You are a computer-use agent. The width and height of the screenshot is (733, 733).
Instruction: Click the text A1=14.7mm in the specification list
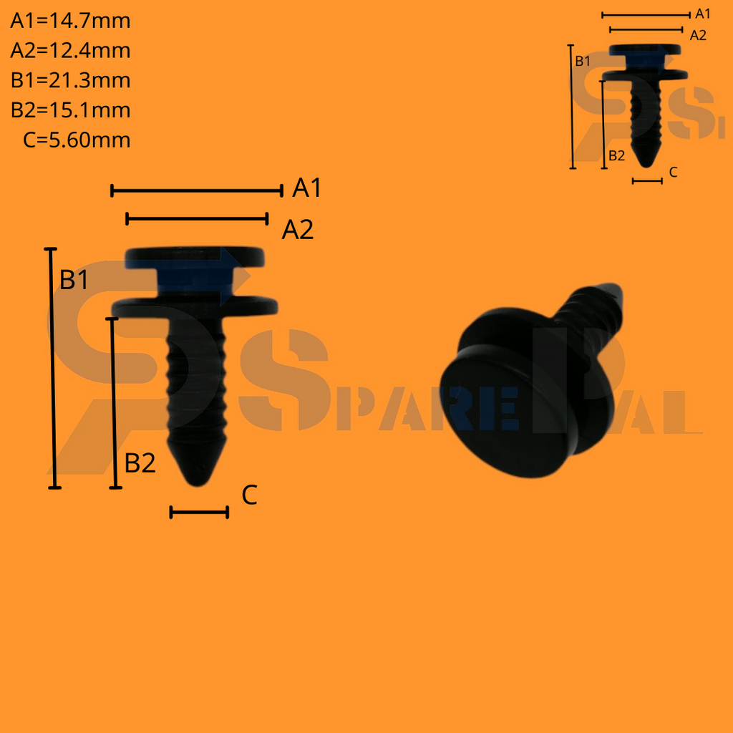(70, 21)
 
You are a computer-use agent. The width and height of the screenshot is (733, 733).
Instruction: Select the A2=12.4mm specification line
(70, 51)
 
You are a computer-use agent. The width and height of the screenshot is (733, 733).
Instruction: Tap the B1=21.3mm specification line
(70, 80)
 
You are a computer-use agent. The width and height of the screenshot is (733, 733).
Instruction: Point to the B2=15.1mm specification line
(70, 110)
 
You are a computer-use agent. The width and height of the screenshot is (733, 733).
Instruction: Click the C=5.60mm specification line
(77, 140)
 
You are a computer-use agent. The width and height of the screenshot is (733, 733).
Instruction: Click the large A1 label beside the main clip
(307, 188)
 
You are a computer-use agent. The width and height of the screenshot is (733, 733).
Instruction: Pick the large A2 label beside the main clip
(297, 230)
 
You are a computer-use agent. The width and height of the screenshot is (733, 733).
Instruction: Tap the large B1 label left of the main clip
(74, 281)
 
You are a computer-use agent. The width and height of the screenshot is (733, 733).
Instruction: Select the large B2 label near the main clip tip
(140, 464)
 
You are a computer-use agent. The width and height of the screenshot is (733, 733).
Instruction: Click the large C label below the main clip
(249, 495)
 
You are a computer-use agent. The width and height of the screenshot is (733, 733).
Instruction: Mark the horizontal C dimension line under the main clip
(199, 512)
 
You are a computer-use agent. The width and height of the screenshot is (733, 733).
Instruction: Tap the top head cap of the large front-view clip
(195, 256)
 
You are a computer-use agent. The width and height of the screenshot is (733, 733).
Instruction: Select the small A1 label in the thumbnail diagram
(703, 14)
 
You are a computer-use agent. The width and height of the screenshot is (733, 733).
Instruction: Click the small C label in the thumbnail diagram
(673, 173)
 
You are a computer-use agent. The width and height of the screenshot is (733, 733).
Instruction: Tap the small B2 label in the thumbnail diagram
(616, 155)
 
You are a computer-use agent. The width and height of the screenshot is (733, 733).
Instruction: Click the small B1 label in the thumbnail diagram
(583, 61)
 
